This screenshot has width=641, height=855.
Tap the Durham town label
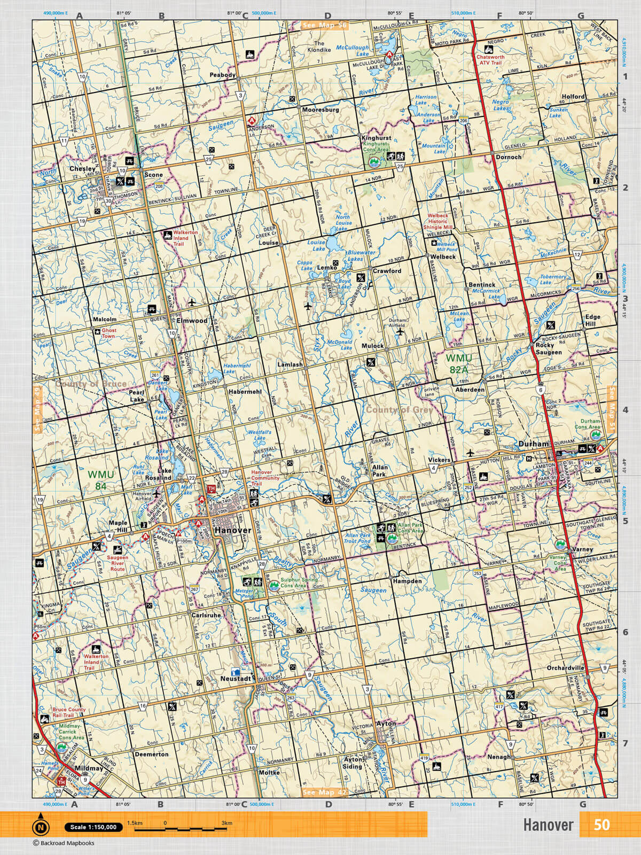click(533, 444)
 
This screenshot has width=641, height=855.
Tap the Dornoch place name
click(508, 158)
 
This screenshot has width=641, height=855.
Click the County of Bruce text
click(91, 384)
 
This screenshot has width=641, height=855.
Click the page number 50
click(601, 825)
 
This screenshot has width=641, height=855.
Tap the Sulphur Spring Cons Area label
click(300, 582)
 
